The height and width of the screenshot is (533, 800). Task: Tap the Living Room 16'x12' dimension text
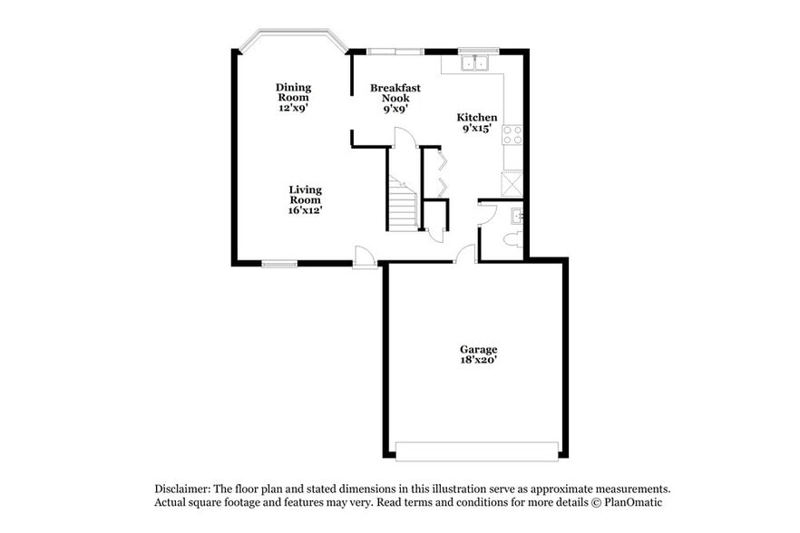pos(305,210)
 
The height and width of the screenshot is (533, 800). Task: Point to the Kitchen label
pos(476,118)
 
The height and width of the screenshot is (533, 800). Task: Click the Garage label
pos(478,349)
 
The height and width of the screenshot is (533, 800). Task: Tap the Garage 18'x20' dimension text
pos(478,360)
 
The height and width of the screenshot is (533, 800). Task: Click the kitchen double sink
pos(474,63)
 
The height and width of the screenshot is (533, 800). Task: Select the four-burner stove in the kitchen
pos(513,135)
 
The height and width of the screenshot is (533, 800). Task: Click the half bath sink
pos(517,216)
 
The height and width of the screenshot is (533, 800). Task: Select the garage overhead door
pos(477,451)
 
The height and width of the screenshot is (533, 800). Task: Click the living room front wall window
pos(279,264)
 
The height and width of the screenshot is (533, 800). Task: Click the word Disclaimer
pos(181,488)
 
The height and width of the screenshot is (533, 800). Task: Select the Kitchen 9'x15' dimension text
pos(476,129)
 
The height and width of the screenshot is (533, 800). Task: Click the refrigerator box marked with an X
pos(513,184)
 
